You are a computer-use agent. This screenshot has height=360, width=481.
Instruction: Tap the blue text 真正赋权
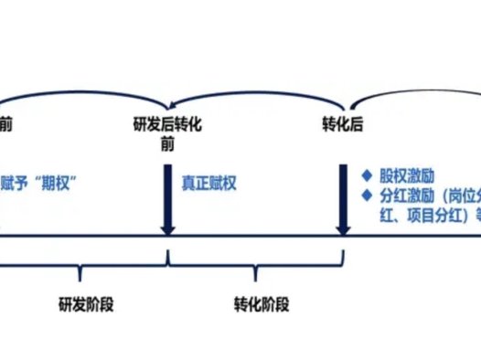[x=209, y=183]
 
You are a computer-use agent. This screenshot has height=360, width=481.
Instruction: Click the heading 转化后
[x=343, y=126]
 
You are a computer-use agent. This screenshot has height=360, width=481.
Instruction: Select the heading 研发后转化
[x=167, y=126]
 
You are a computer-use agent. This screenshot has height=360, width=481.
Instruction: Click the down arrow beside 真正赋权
[x=167, y=196]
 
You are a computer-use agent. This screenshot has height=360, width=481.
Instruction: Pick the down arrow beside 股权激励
[x=344, y=196]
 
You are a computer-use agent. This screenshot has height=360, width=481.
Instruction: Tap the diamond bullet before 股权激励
[x=365, y=174]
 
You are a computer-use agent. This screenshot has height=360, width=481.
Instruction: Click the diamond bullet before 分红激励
[x=365, y=195]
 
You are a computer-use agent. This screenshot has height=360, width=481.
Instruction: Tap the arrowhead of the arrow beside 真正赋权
[x=167, y=228]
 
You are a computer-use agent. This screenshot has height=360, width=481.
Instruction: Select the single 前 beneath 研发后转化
[x=167, y=144]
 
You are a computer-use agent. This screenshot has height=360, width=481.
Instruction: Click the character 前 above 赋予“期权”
[x=6, y=126]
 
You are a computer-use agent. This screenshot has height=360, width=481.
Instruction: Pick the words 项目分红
[x=428, y=217]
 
